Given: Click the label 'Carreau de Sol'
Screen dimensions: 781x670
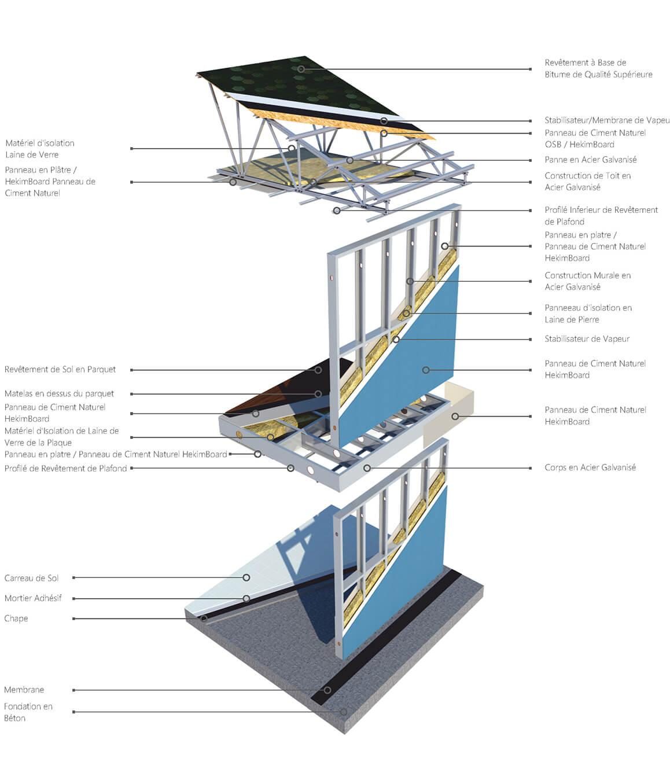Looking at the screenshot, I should click(32, 578).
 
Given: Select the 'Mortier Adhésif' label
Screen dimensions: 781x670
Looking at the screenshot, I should click(33, 598).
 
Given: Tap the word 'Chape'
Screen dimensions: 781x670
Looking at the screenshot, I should click(16, 618).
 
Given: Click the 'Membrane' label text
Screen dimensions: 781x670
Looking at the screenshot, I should click(24, 690).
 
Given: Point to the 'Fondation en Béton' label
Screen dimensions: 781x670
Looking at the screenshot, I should click(28, 712).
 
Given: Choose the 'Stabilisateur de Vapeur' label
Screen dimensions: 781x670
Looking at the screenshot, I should click(587, 339).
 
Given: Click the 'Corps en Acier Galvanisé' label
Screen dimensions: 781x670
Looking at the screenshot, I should click(590, 467).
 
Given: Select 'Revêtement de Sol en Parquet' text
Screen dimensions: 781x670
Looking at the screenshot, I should click(60, 369).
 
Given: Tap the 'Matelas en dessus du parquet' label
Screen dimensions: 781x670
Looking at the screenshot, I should click(59, 393).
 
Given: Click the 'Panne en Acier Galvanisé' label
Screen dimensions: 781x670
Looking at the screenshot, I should click(590, 160).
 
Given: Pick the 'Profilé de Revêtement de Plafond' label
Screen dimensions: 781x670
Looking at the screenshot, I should click(65, 468).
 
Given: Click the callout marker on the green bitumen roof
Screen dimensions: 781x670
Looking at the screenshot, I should click(301, 69).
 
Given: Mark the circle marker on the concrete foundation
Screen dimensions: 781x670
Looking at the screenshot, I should click(343, 712).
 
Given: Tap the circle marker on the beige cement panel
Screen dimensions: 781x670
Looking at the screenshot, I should click(455, 416).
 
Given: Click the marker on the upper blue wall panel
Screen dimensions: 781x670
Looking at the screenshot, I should click(426, 370).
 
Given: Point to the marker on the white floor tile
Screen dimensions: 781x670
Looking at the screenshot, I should click(246, 577).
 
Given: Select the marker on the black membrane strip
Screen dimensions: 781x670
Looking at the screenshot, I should click(327, 690).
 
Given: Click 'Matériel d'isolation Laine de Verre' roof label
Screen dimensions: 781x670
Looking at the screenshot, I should click(40, 149).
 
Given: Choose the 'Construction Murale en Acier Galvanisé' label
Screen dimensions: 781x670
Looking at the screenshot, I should click(587, 281).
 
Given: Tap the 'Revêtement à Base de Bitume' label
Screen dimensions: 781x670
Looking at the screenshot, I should click(598, 68).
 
